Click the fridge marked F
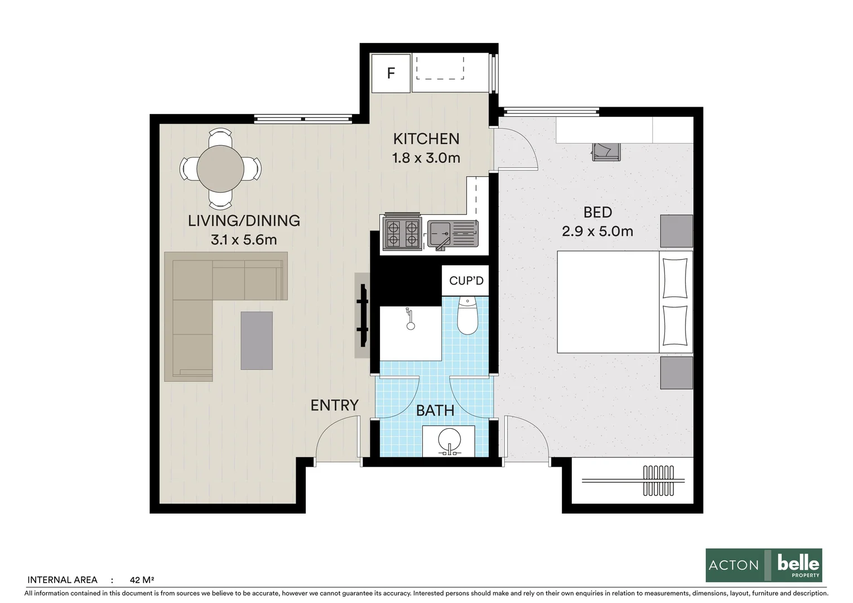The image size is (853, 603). click(x=391, y=73)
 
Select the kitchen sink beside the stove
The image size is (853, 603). click(x=452, y=234)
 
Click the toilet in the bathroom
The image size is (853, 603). click(x=467, y=317)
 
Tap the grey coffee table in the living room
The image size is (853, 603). click(x=257, y=341)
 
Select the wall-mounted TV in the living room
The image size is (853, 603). click(x=363, y=315)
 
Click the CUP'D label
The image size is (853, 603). click(x=466, y=281)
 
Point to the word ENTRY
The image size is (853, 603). click(x=334, y=405)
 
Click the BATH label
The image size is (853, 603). click(x=435, y=411)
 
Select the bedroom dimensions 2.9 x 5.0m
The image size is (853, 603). click(x=597, y=231)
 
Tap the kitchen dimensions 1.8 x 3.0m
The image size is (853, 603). click(x=426, y=158)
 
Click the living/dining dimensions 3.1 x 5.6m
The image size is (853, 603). click(x=244, y=240)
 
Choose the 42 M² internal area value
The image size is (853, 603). click(x=142, y=580)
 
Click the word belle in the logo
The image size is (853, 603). click(x=798, y=562)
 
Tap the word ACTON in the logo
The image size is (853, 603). click(x=734, y=566)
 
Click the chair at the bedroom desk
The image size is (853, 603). click(x=606, y=151)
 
